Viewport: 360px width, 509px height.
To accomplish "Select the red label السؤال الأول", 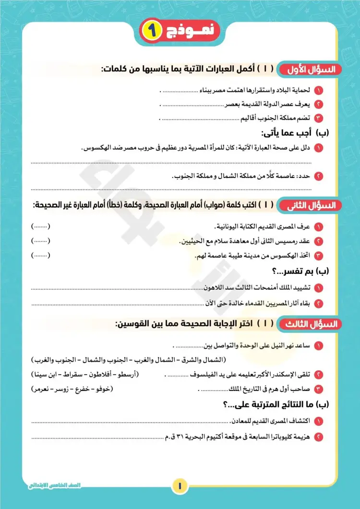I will pyautogui.click(x=310, y=69).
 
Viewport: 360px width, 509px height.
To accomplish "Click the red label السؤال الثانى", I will pyautogui.click(x=310, y=206).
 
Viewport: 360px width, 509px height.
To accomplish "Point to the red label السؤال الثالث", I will pyautogui.click(x=310, y=324).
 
